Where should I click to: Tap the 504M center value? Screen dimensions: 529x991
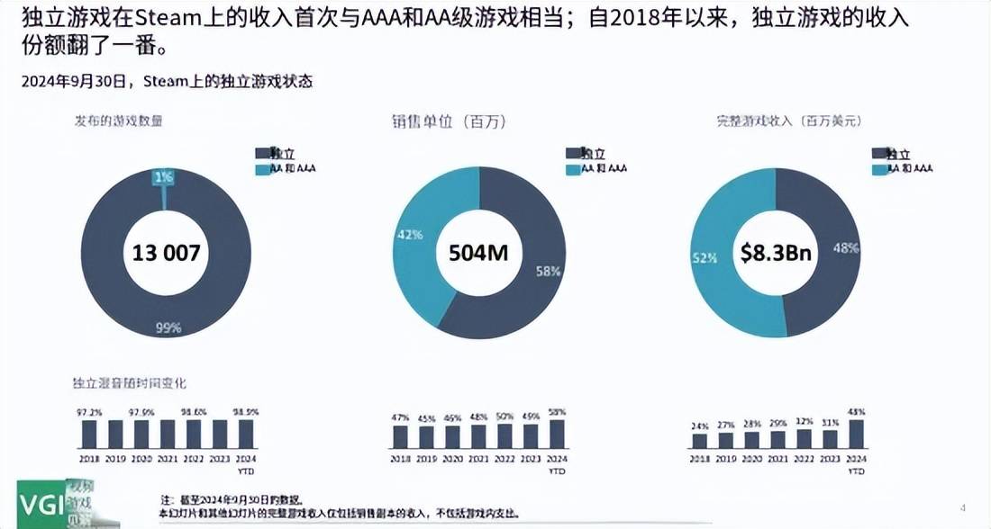tap(478, 253)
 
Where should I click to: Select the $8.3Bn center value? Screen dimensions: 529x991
tap(776, 253)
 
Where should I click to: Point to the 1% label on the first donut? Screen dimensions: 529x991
tap(163, 178)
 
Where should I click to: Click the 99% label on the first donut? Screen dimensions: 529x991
tap(168, 328)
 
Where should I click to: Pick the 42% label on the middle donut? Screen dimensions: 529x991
tap(408, 235)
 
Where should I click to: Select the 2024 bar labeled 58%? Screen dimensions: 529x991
tap(557, 434)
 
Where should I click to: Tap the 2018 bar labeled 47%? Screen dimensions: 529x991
tap(401, 436)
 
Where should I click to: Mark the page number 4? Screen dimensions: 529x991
tap(963, 508)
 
